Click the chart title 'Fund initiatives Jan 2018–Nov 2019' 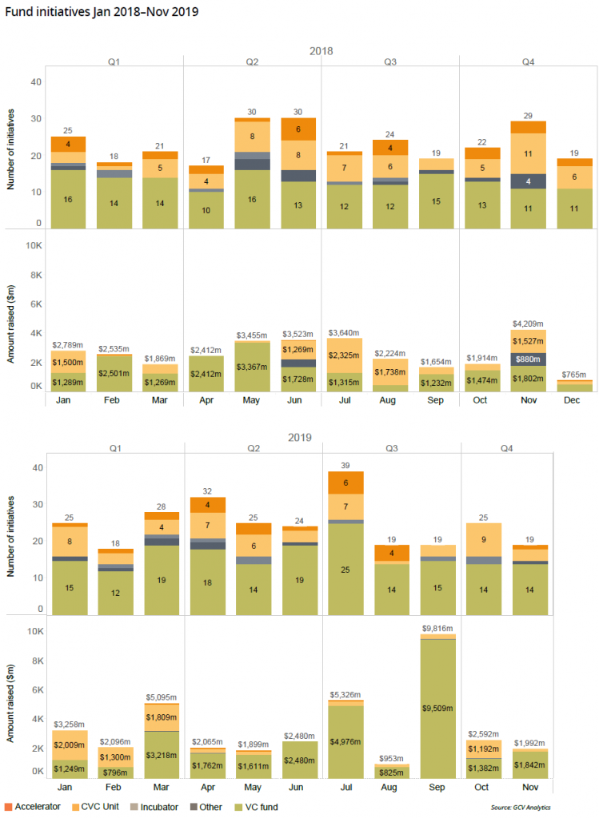point(102,13)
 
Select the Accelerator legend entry point(33,806)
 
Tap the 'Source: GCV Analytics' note point(521,807)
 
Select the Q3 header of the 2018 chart point(390,62)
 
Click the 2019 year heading point(299,437)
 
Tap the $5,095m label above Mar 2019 point(162,697)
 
